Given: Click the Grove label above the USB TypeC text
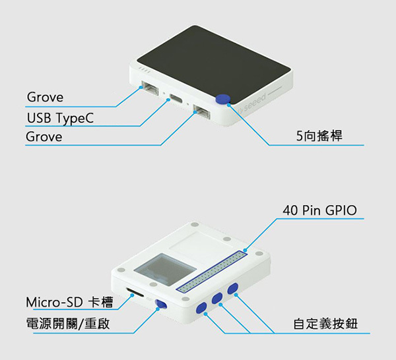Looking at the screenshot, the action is point(45,98).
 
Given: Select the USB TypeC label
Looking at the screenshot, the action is point(60,118).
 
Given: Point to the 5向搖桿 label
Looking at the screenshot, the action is point(319,137).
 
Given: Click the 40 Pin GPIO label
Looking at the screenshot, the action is point(319,210).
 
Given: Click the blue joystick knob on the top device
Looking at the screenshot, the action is point(222,99).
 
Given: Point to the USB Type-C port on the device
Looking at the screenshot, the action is point(176,100).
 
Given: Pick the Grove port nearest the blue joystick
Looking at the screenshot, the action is point(201,113).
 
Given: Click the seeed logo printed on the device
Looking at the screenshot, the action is point(253,104).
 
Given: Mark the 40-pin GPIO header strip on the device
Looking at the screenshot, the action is point(213,271).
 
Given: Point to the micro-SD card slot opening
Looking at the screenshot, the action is point(135,291).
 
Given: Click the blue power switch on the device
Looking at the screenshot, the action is point(160,303).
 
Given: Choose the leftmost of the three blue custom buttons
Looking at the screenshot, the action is point(201,307).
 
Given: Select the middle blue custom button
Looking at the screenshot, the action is point(217,298).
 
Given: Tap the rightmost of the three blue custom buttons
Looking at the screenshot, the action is point(232,288).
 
